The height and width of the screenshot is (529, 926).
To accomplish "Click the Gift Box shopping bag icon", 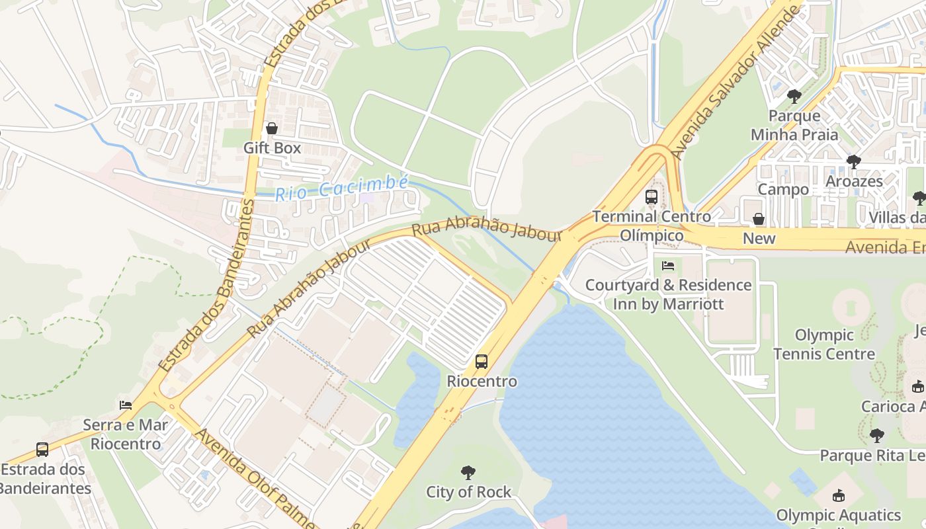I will click(271, 128).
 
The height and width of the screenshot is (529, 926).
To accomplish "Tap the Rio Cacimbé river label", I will click(342, 188).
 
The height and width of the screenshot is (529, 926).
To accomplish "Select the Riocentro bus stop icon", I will click(482, 362).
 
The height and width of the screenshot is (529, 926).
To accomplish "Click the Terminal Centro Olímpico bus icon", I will click(652, 197).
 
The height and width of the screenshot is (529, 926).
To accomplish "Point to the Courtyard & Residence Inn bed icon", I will click(668, 266).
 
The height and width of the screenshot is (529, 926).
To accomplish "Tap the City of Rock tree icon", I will click(468, 473).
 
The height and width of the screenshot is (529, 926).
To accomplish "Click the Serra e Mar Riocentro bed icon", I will click(126, 405).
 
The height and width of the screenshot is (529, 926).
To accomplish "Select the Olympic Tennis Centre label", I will click(823, 344).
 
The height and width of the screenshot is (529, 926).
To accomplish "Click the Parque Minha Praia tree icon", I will click(794, 97).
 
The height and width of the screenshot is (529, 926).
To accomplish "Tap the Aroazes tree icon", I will click(854, 161).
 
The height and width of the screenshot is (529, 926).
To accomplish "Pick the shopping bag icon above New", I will click(759, 219).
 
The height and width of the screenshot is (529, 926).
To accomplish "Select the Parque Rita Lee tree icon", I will click(877, 436).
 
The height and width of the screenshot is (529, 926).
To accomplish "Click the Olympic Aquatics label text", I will click(838, 515).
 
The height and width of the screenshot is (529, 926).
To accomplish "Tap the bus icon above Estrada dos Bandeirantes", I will click(42, 450).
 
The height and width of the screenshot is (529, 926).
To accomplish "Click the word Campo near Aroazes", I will click(783, 189).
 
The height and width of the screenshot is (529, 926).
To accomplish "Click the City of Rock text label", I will click(468, 492).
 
